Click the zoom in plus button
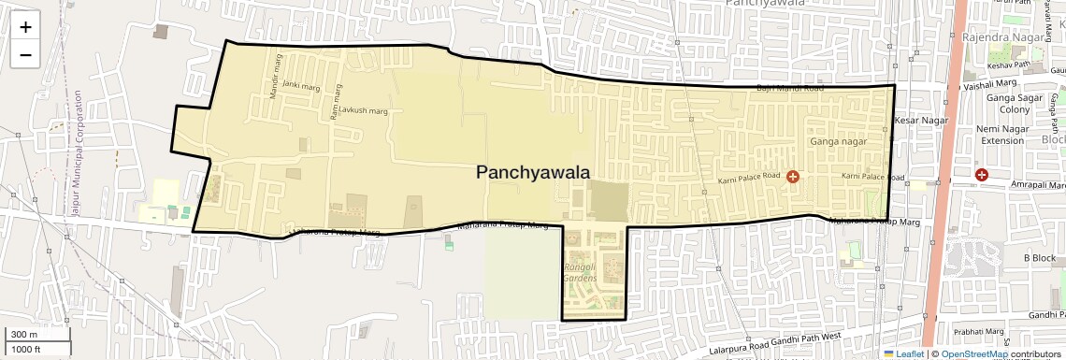tap(25, 27)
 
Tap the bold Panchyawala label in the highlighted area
tap(533, 172)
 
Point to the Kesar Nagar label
tap(921, 121)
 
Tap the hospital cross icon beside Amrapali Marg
tap(982, 175)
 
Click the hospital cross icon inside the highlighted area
tap(793, 176)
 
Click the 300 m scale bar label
tap(25, 335)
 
